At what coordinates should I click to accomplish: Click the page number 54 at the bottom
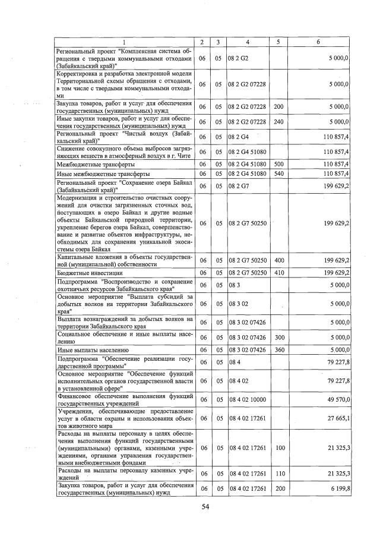[205, 506]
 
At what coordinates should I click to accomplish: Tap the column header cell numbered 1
[124, 42]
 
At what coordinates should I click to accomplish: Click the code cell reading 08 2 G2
[237, 59]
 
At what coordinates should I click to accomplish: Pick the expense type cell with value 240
[278, 121]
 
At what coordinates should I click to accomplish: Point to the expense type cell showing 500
[278, 163]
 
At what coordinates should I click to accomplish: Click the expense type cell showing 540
[278, 173]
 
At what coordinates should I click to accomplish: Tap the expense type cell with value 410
[278, 272]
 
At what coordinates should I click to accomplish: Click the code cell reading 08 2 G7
[237, 185]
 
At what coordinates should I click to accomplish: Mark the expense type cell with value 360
[278, 349]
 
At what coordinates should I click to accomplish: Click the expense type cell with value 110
[278, 473]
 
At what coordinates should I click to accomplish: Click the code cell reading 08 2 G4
[237, 137]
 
